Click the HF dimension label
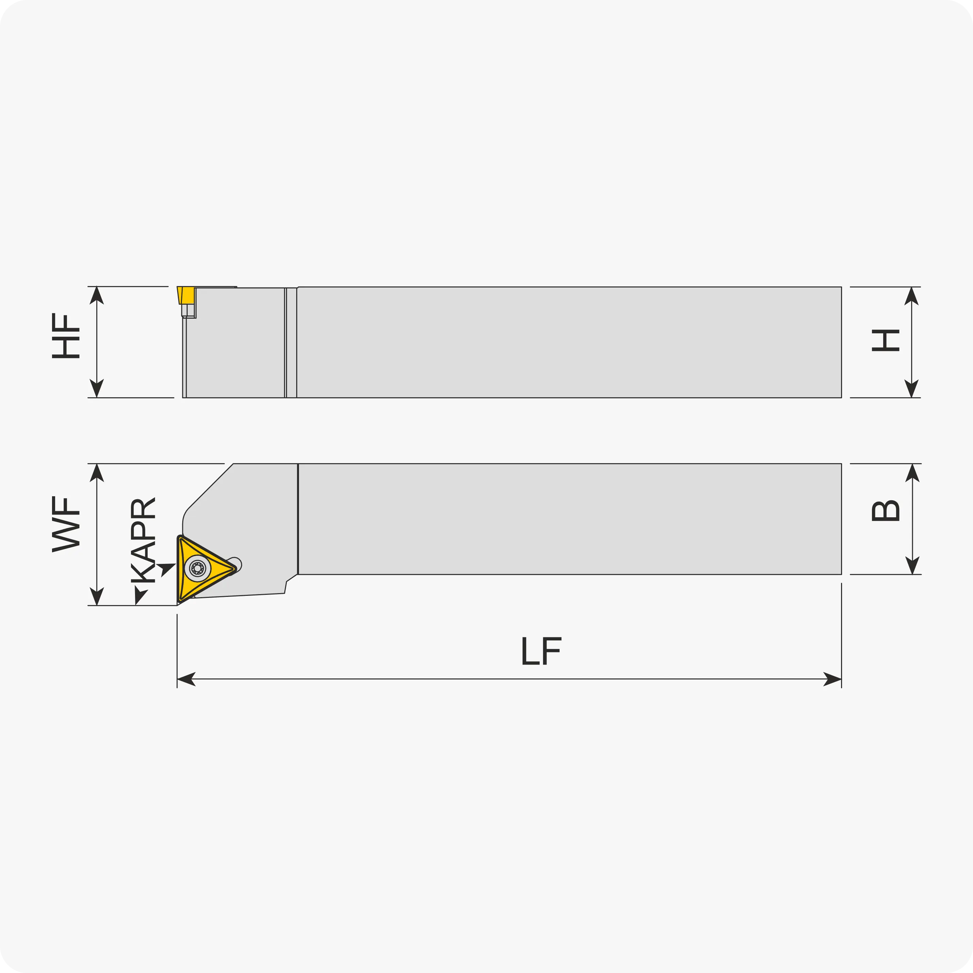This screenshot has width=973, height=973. (66, 336)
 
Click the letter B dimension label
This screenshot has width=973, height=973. (885, 511)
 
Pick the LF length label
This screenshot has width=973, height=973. (541, 651)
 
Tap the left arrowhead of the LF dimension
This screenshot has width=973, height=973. (186, 679)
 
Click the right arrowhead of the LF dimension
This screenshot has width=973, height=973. (833, 679)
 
